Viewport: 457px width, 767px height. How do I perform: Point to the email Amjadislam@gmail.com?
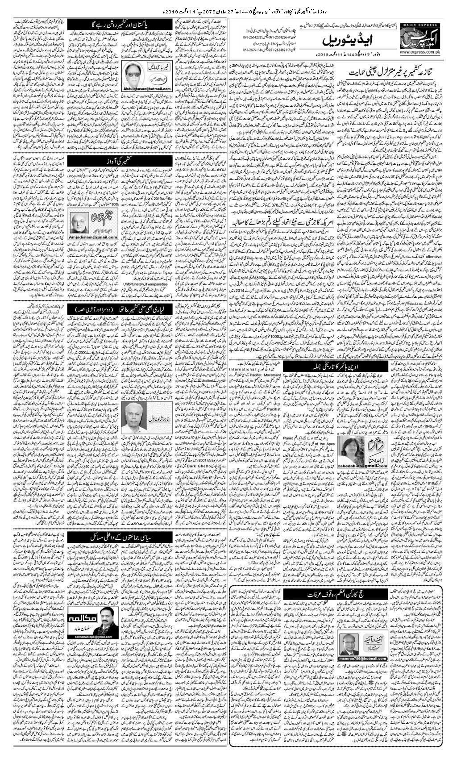pos(93,237)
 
